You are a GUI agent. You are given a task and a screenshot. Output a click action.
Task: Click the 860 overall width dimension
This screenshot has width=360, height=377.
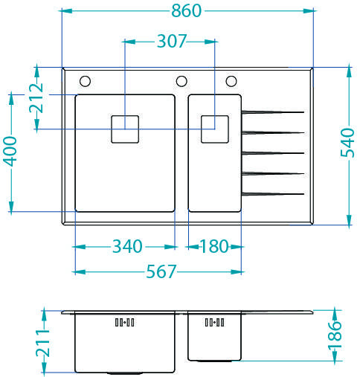point(186,11)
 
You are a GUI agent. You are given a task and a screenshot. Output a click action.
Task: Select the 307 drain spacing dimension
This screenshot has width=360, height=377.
point(171,41)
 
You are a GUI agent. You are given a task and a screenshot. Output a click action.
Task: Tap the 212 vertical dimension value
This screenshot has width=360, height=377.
point(36,98)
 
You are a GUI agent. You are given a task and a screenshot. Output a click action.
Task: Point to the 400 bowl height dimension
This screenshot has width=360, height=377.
point(10,151)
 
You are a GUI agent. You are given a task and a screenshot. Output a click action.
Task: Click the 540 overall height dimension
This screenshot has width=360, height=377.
point(347,143)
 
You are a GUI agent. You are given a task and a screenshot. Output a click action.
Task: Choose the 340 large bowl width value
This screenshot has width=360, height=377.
point(127,246)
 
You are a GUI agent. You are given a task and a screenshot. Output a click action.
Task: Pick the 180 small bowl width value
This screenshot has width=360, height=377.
point(214,246)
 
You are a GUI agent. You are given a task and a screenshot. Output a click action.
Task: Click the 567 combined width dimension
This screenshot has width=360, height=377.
point(161,271)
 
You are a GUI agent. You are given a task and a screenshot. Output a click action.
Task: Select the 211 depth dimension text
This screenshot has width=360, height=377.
point(43,344)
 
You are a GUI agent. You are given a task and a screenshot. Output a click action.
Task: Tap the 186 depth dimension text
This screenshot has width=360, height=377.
point(335,336)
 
